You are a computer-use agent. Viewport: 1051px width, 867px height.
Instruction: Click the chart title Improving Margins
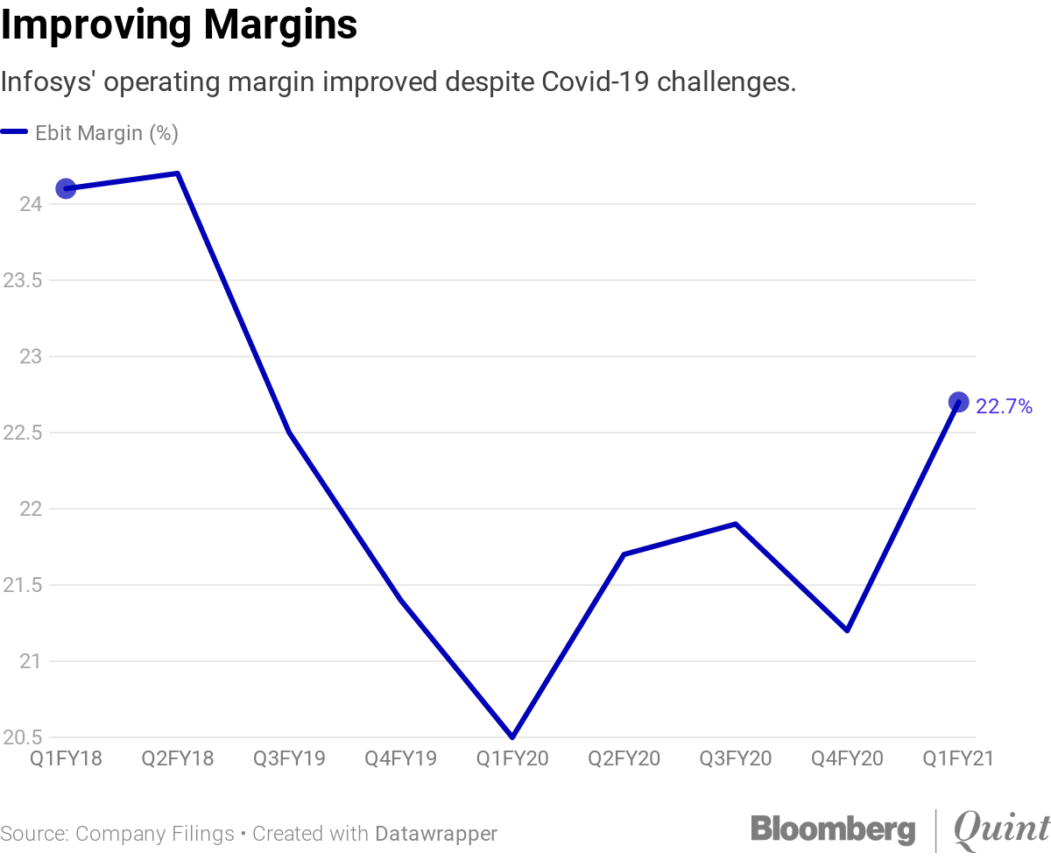pos(179,25)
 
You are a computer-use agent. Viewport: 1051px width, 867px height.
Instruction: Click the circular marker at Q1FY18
pos(66,188)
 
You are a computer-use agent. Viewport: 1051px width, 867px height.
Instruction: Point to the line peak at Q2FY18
pos(178,173)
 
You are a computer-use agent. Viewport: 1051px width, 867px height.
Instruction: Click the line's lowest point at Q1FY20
pos(512,737)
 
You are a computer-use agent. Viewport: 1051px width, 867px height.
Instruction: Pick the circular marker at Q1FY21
pos(959,402)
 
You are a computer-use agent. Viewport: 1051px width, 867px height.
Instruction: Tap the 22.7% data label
pos(1004,406)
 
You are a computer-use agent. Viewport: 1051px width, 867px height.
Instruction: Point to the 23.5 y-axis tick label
pos(22,280)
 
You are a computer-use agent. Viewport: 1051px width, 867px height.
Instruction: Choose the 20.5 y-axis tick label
pos(22,737)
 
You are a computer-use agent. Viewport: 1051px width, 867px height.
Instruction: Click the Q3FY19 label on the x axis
pos(289,758)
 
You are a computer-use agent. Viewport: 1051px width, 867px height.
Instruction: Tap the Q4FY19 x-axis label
pos(400,758)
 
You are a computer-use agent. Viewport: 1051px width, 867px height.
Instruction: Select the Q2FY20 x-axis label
pos(624,758)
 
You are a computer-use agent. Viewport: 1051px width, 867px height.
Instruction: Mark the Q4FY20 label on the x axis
pos(847,758)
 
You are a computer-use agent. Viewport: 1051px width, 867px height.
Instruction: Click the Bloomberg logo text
pos(832,828)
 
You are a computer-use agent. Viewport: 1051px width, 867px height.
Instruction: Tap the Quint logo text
pos(1001,828)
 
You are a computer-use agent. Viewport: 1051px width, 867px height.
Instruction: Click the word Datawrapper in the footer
pos(436,834)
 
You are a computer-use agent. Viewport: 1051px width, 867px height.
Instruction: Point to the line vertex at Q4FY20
pos(847,631)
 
